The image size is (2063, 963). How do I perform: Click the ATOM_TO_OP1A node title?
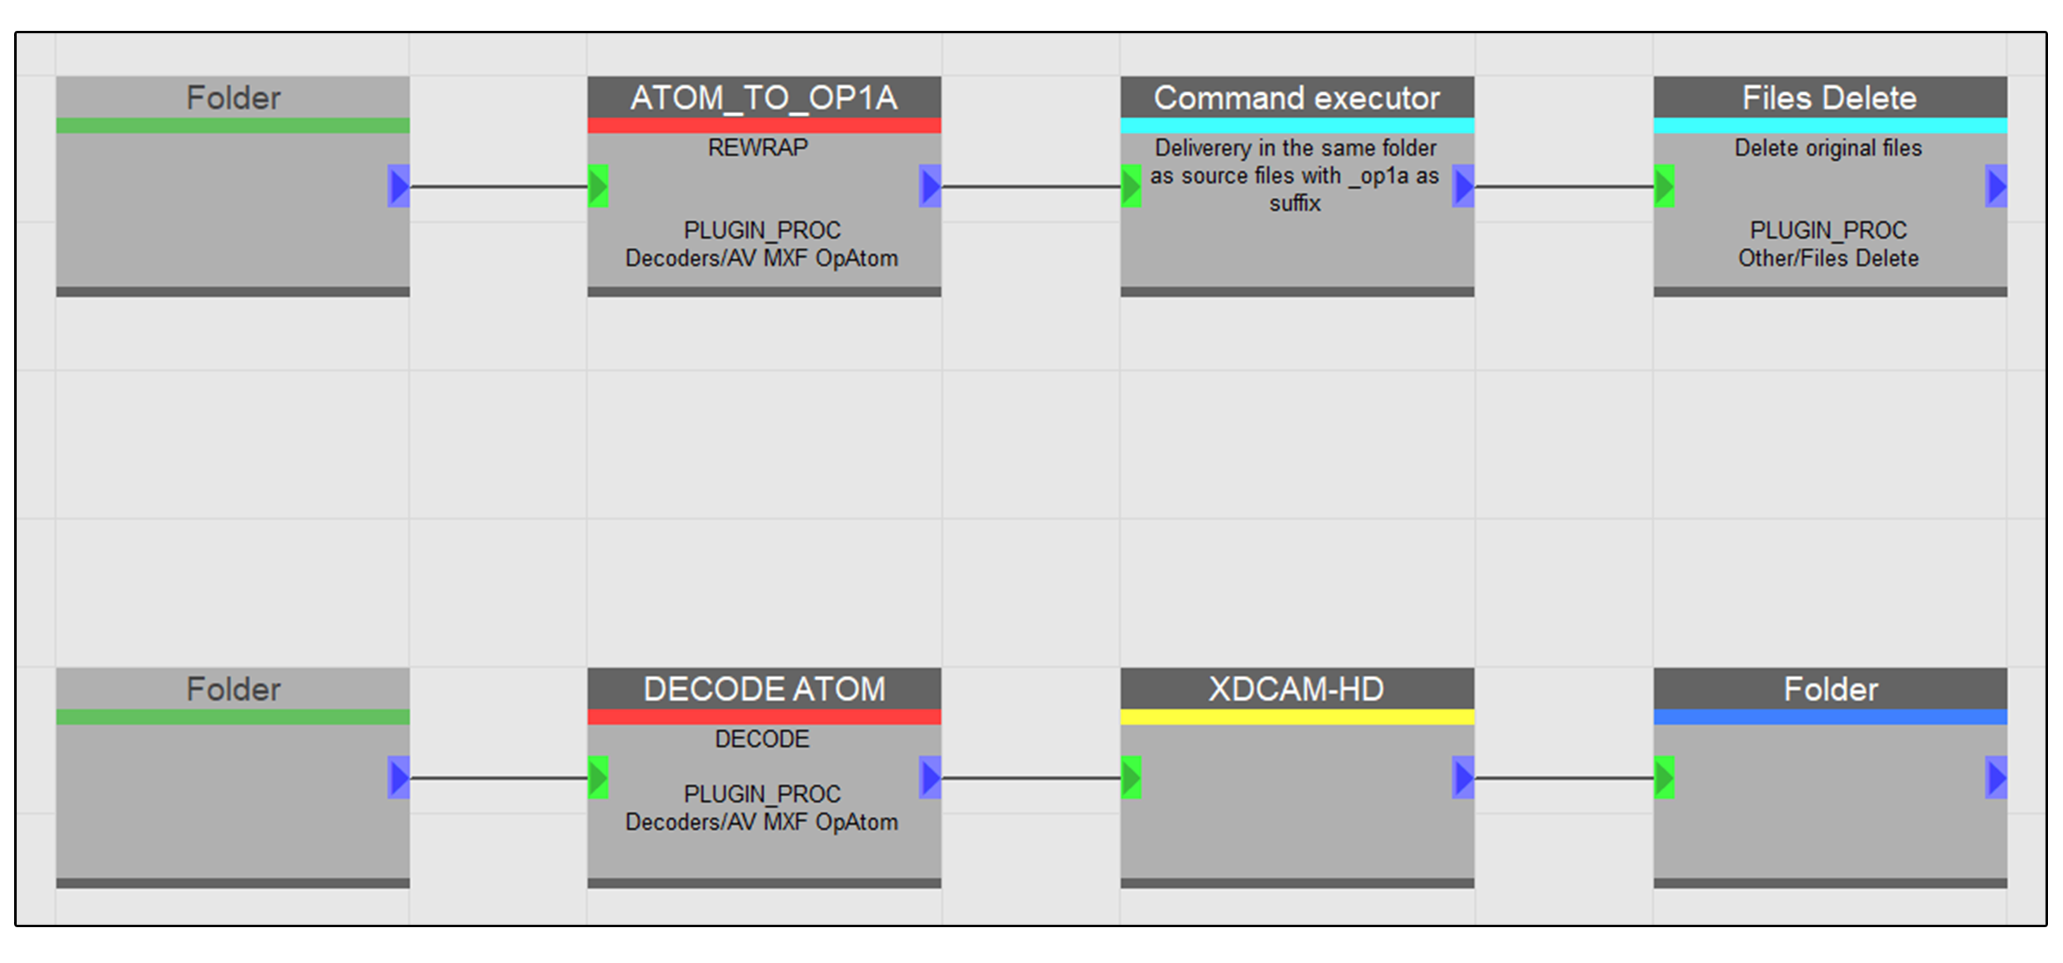click(764, 98)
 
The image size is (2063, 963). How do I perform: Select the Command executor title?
click(1296, 98)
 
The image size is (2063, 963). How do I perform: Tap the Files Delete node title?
click(1829, 98)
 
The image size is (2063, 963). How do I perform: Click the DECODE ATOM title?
click(764, 689)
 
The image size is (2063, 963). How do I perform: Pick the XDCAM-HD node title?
click(1296, 689)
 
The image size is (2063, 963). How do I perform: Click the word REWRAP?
click(758, 147)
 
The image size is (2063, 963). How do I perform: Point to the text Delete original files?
click(1828, 148)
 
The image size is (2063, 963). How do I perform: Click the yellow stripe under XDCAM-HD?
click(1297, 717)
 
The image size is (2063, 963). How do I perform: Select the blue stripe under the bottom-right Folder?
click(1830, 717)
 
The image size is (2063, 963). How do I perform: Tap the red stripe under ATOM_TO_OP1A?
click(764, 126)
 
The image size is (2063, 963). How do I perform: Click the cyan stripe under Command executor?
click(1297, 126)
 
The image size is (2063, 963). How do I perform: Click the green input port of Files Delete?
click(1664, 186)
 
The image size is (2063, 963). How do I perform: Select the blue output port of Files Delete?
click(1996, 186)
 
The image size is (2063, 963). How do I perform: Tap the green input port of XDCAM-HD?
click(1130, 778)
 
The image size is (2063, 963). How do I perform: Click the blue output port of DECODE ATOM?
click(930, 778)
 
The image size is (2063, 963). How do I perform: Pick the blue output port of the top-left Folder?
click(398, 186)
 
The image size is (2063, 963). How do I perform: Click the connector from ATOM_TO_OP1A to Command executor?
click(1031, 186)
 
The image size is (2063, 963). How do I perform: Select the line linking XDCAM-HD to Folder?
click(1564, 778)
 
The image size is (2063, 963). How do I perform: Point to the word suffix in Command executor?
click(1294, 203)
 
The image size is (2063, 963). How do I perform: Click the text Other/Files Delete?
click(1828, 259)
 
